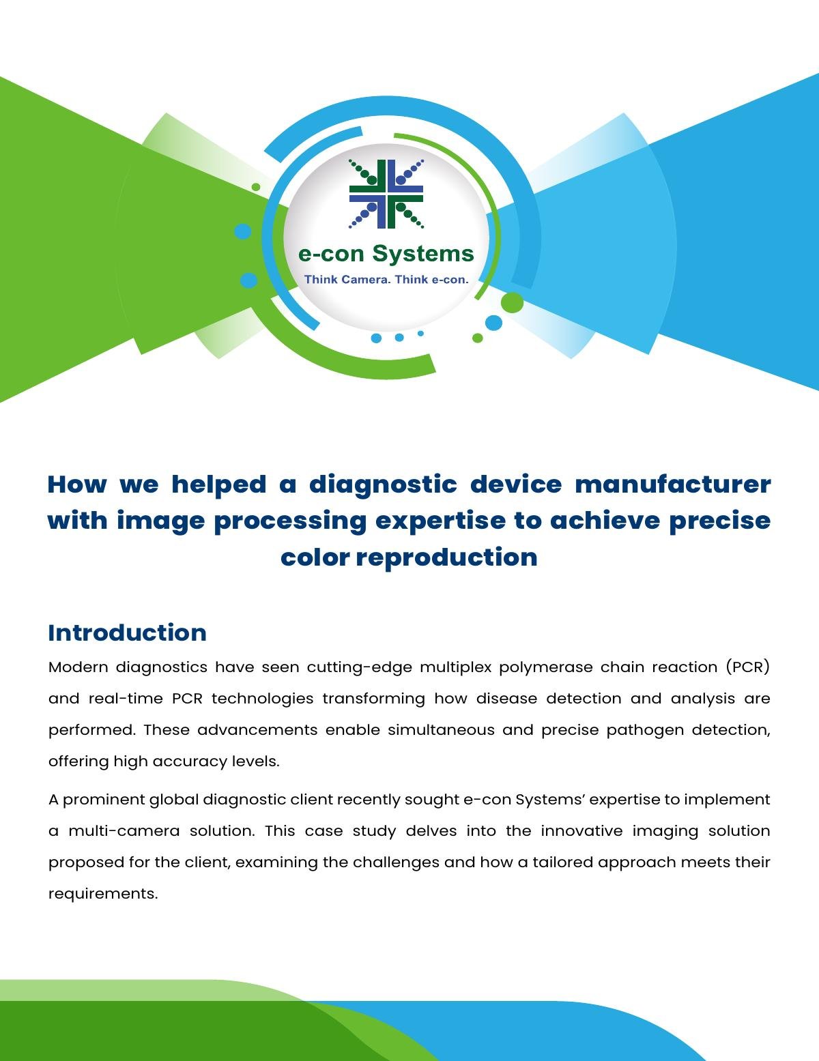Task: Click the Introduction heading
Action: (127, 633)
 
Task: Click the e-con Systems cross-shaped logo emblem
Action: (386, 194)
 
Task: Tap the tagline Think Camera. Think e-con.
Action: (386, 279)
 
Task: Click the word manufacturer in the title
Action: (673, 484)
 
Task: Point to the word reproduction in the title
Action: (446, 558)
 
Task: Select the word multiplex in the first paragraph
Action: (456, 668)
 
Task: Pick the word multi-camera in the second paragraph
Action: (124, 831)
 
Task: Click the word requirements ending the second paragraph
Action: (103, 895)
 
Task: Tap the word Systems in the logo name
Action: (423, 254)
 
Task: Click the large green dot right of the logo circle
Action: (513, 303)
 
